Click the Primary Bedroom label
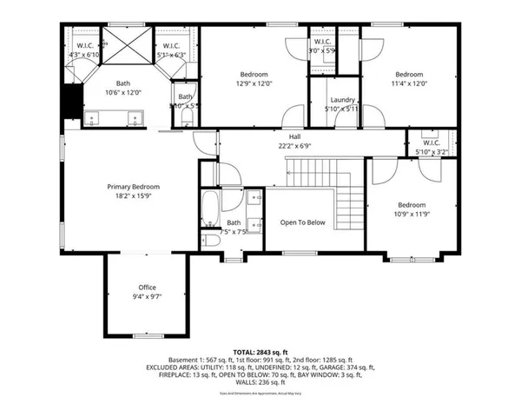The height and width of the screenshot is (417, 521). pyautogui.click(x=133, y=187)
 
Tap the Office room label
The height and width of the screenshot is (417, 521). pyautogui.click(x=148, y=287)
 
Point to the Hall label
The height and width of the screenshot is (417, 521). pyautogui.click(x=295, y=136)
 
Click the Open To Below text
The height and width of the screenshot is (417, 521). pyautogui.click(x=302, y=222)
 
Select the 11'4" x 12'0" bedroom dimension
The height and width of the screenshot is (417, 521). pyautogui.click(x=409, y=84)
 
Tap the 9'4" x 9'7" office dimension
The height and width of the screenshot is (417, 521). pyautogui.click(x=148, y=296)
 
